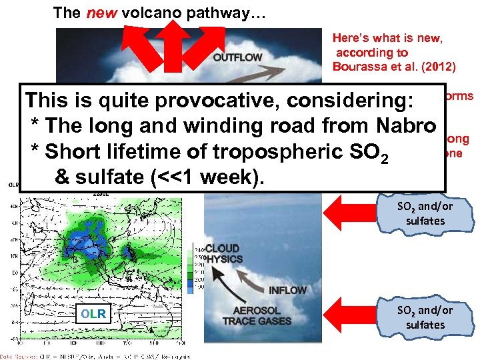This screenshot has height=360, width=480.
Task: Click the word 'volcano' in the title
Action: tap(148, 12)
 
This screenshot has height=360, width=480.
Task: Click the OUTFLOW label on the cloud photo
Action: tap(237, 57)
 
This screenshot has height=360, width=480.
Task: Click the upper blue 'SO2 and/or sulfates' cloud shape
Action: tap(424, 213)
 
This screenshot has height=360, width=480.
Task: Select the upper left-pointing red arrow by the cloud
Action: tap(351, 212)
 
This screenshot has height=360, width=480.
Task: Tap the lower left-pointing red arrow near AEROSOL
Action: tap(351, 315)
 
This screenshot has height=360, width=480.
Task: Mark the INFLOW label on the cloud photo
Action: tap(288, 290)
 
